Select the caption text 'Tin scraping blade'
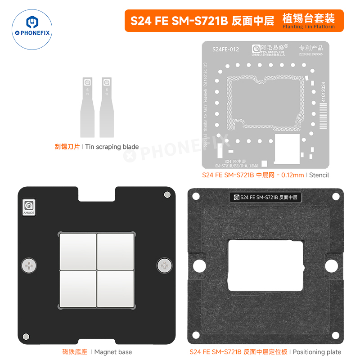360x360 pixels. coord(112,147)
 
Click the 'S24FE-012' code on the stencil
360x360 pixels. coord(225,49)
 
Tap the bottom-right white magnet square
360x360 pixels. coord(116,288)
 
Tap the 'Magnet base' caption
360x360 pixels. coord(113,351)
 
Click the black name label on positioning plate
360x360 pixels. coord(265,197)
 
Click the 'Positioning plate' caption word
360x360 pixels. coord(317,351)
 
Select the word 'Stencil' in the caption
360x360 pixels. coord(319,175)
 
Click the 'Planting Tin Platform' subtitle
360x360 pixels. coord(308,27)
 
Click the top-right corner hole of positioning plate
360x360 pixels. coord(335,196)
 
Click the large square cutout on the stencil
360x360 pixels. coord(287,147)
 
